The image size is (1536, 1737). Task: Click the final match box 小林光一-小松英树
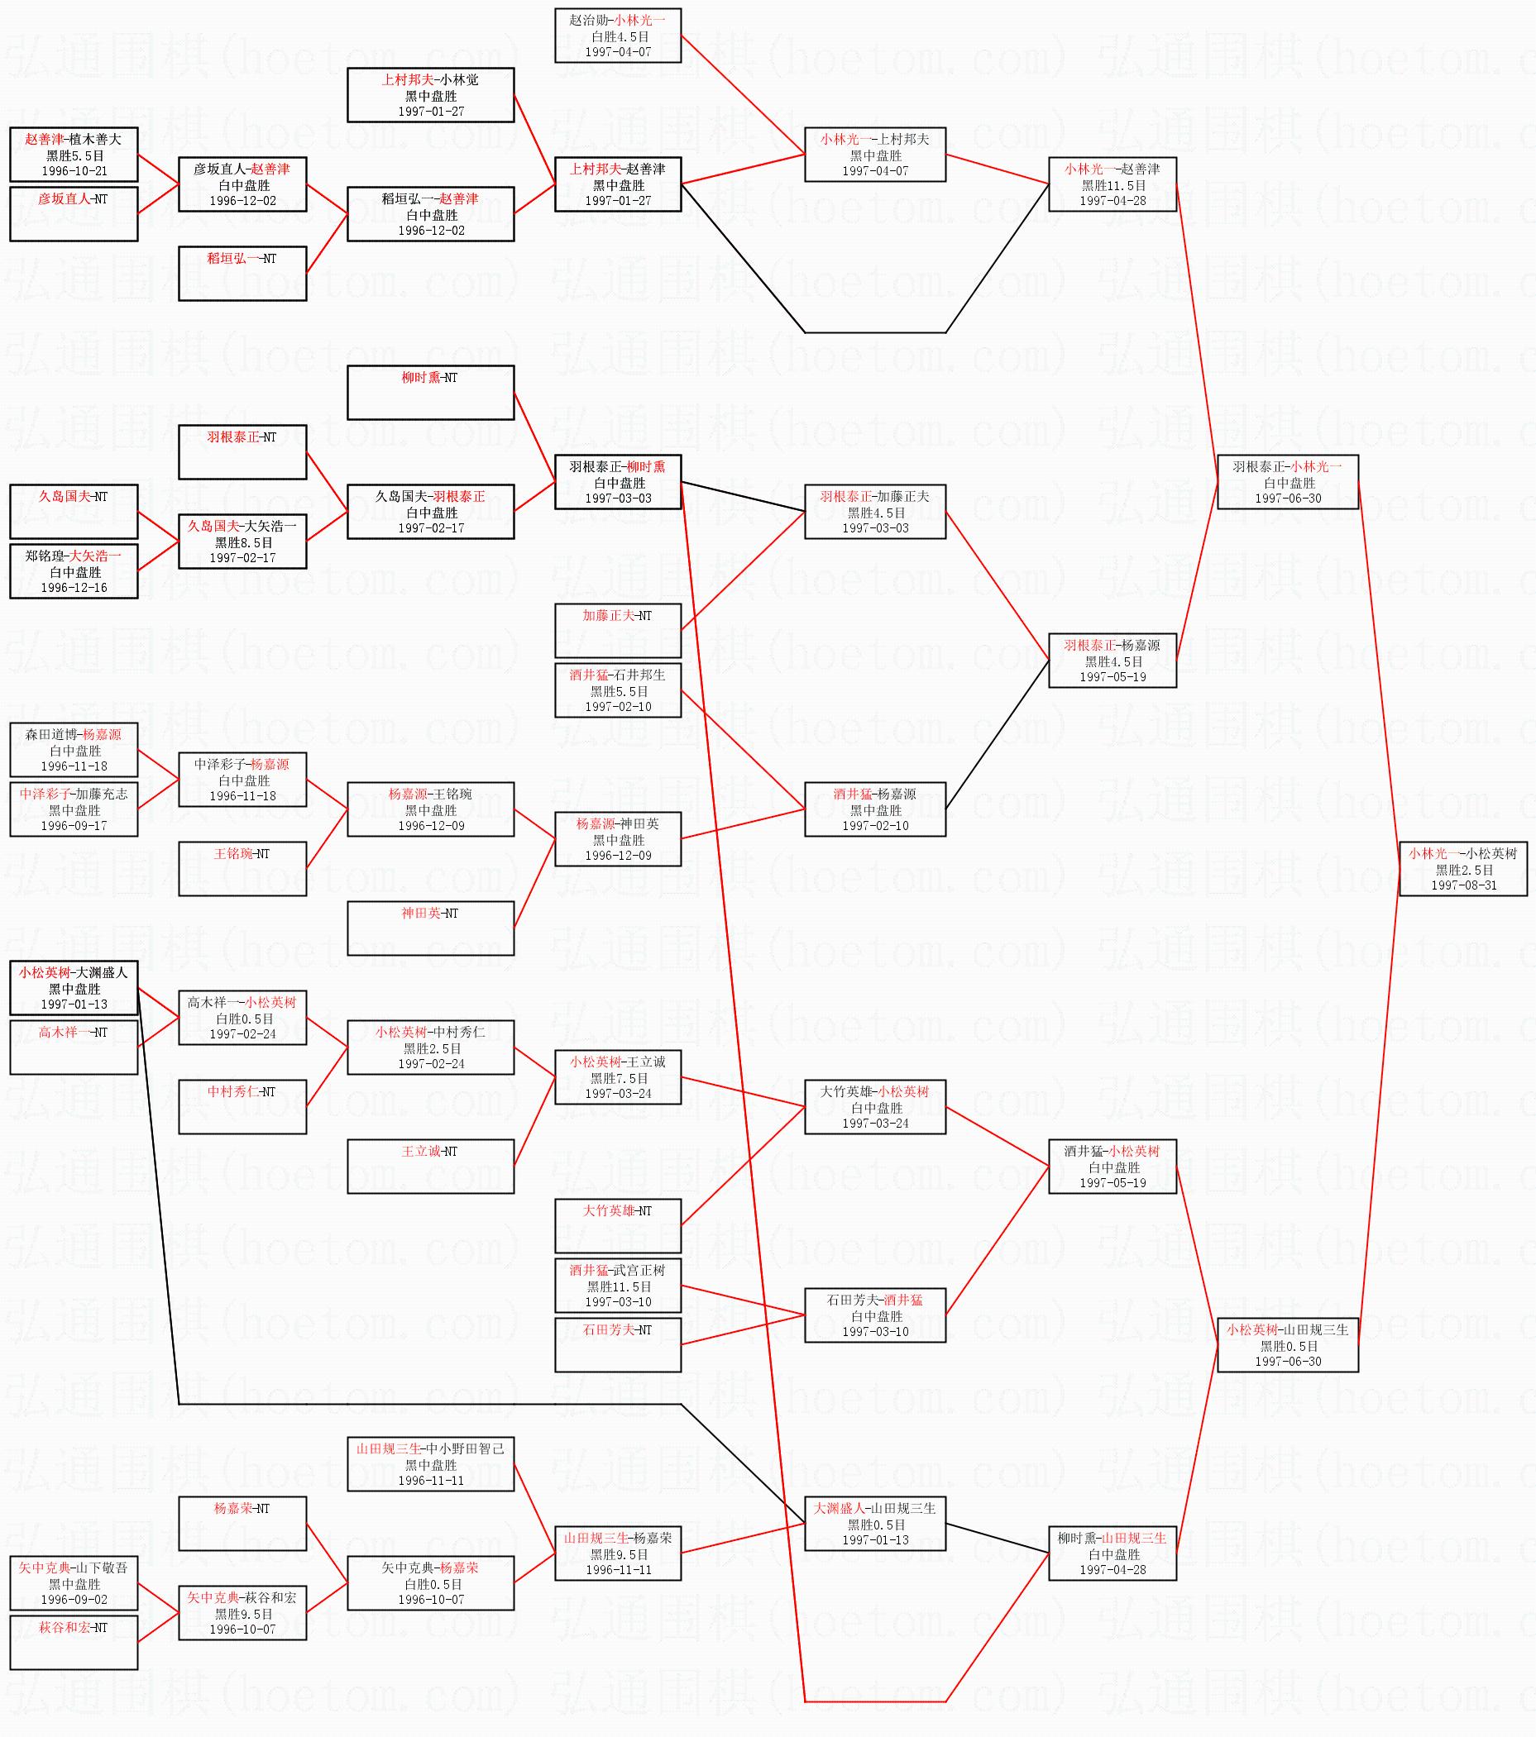point(1463,867)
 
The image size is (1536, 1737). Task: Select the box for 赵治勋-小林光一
point(618,36)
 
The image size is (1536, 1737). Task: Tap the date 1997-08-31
point(1463,885)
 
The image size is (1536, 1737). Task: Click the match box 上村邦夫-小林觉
point(430,95)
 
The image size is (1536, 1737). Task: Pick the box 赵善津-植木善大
point(74,155)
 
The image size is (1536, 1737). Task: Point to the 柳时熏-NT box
point(430,393)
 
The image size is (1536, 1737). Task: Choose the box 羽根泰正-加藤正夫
point(874,512)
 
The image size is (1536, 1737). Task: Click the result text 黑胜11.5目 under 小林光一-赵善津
point(1113,185)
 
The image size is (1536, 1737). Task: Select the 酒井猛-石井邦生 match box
point(618,690)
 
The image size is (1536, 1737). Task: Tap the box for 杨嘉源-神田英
point(618,839)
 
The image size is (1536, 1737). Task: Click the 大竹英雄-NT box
point(618,1225)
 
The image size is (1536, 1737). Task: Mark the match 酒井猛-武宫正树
point(618,1285)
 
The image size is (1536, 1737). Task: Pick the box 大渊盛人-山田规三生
point(874,1523)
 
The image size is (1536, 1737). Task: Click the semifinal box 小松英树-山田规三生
point(1287,1344)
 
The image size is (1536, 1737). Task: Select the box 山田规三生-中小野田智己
point(430,1463)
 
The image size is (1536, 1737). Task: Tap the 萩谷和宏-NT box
point(74,1642)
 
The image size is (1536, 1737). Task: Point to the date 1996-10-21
point(74,171)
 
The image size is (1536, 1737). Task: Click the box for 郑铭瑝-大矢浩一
point(74,571)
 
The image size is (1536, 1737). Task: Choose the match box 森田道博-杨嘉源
point(74,750)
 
